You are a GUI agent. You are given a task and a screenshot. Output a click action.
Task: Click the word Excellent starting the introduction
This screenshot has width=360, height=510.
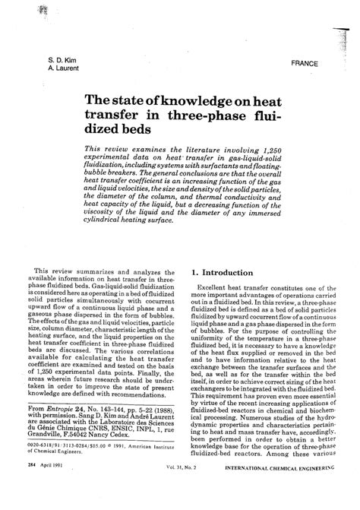click(216, 289)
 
